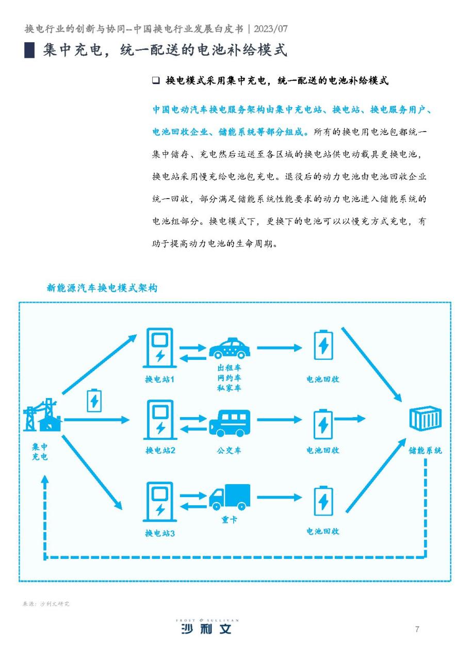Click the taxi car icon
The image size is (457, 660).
coord(229,349)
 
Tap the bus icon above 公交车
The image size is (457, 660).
coord(229,423)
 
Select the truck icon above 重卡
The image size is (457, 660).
coord(229,497)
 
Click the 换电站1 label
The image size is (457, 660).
coord(159,379)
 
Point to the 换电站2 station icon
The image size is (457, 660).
coord(160,419)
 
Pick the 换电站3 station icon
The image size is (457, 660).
coord(160,500)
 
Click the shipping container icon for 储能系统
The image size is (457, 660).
coord(425,419)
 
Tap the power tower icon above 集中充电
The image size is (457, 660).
coord(42,416)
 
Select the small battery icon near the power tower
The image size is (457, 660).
coord(94,400)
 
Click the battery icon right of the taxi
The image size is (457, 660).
coord(323,345)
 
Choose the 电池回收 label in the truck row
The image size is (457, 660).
coord(323,531)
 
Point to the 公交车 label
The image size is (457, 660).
coord(229,450)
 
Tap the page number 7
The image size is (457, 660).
coord(417,629)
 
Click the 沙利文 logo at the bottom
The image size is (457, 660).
coord(206,629)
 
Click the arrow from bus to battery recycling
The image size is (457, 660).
coord(279,420)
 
